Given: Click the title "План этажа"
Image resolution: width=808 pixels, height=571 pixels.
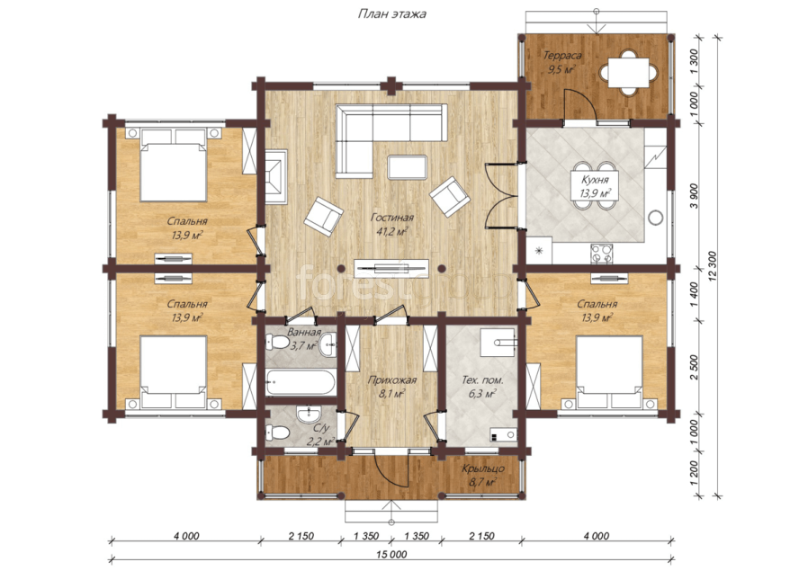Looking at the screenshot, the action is pos(392,13).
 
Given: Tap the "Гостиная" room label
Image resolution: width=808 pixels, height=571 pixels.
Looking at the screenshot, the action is pos(392,218).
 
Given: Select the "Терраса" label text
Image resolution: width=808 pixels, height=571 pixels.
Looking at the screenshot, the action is pos(562,55).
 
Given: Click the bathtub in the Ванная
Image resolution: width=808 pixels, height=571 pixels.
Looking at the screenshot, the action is pos(301,382).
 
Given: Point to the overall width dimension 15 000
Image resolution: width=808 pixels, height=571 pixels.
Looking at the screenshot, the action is pos(391,554).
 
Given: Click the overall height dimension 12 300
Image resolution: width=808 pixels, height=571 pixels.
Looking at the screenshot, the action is pos(713,267).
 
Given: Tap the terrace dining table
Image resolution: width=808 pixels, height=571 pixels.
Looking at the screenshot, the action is pos(628,73).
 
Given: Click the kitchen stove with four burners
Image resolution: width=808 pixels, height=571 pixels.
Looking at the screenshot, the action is pos(601,254).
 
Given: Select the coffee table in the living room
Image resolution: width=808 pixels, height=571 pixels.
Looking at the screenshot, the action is pos(407,167).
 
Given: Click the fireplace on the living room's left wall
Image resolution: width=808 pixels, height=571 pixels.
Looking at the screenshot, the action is pos(276,176).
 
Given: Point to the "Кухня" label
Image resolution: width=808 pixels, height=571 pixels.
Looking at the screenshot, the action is pos(595,180).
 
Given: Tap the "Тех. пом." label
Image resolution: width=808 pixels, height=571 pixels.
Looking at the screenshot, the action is pos(482,380).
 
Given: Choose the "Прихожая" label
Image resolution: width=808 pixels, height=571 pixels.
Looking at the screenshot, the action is pos(391,380).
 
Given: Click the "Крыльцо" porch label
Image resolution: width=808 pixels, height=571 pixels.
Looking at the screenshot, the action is pos(483,469).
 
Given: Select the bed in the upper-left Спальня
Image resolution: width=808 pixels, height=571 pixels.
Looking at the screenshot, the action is pos(174,165).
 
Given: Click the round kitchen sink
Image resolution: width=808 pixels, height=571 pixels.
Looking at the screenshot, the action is pos(655,218).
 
